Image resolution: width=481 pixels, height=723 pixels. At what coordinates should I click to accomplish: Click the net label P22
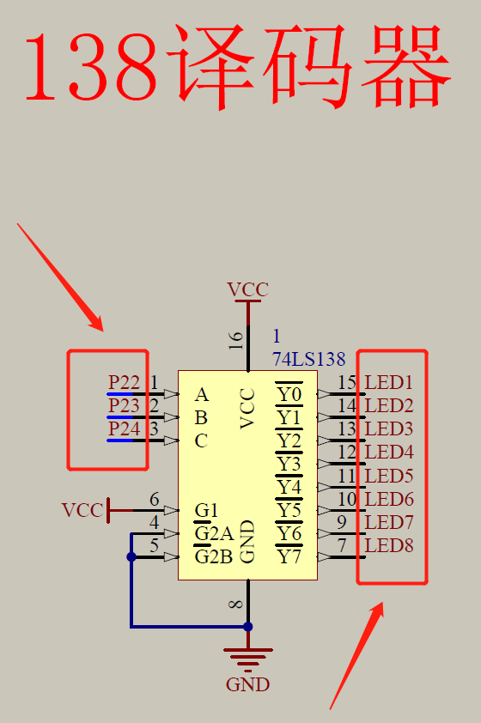(x=124, y=382)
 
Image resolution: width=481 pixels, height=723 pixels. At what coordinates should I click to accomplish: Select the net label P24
(x=124, y=428)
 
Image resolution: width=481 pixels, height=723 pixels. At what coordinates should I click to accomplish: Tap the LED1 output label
(x=389, y=382)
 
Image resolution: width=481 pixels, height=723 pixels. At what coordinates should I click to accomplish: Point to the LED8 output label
(x=389, y=545)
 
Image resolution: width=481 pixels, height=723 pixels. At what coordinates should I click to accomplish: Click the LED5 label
(x=389, y=476)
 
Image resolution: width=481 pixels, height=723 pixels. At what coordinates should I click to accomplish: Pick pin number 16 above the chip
(x=235, y=340)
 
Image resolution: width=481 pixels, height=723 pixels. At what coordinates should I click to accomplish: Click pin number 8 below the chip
(x=235, y=604)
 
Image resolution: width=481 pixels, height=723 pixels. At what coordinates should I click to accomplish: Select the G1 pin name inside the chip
(x=206, y=510)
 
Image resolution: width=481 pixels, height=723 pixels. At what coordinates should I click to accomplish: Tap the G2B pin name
(x=214, y=556)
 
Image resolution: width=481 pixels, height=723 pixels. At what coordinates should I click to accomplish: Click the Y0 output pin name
(x=289, y=395)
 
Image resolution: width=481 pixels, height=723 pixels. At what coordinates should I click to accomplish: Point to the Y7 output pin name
(x=289, y=556)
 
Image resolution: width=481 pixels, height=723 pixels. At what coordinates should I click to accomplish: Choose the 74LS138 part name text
(x=308, y=359)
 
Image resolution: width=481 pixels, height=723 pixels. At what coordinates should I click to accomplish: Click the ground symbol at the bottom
(x=248, y=659)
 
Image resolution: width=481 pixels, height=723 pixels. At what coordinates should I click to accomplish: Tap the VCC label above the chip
(x=247, y=289)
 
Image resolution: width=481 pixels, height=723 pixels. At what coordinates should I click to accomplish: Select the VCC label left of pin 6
(x=82, y=510)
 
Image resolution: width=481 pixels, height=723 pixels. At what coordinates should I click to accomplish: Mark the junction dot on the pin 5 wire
(x=131, y=557)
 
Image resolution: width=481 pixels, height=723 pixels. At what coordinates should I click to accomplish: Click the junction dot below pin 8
(x=248, y=627)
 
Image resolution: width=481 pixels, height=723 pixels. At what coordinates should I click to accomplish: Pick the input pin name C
(x=201, y=441)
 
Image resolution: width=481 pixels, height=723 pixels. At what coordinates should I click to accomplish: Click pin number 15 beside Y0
(x=347, y=382)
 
